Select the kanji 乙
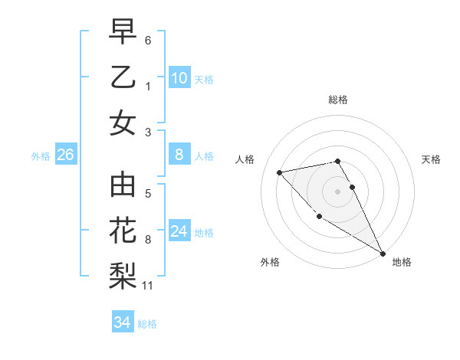click(123, 77)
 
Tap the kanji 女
click(123, 122)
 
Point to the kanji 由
click(123, 187)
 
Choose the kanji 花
click(123, 231)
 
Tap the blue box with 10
click(179, 77)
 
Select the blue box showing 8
click(179, 155)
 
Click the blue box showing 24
click(179, 231)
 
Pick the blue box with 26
click(65, 155)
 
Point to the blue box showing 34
click(122, 322)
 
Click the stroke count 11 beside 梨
click(148, 286)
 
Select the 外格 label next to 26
click(41, 155)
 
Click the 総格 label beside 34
click(147, 323)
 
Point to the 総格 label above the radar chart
click(337, 100)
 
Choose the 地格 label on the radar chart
click(402, 262)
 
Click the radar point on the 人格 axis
click(280, 172)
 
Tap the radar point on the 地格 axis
click(383, 254)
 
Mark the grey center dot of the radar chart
click(337, 191)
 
